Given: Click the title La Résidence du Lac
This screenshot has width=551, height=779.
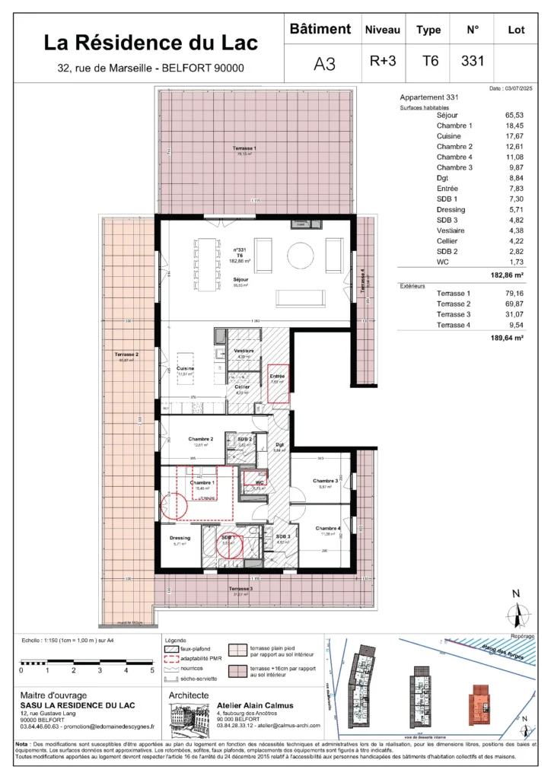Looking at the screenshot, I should tap(151, 43).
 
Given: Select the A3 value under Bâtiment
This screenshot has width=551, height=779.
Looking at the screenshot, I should tap(324, 64).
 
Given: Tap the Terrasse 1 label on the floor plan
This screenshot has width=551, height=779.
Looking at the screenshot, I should tap(245, 148).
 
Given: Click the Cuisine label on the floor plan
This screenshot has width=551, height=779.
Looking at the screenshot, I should tap(185, 368).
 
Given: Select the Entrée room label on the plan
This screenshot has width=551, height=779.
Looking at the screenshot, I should tap(278, 377).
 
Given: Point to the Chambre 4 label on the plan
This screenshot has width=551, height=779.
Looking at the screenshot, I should tap(328, 528).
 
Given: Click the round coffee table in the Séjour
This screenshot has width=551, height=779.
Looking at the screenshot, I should tap(301, 256).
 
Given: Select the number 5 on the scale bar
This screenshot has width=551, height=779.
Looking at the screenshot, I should tap(151, 670).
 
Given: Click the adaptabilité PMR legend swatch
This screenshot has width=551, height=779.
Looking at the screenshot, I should tap(173, 655).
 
